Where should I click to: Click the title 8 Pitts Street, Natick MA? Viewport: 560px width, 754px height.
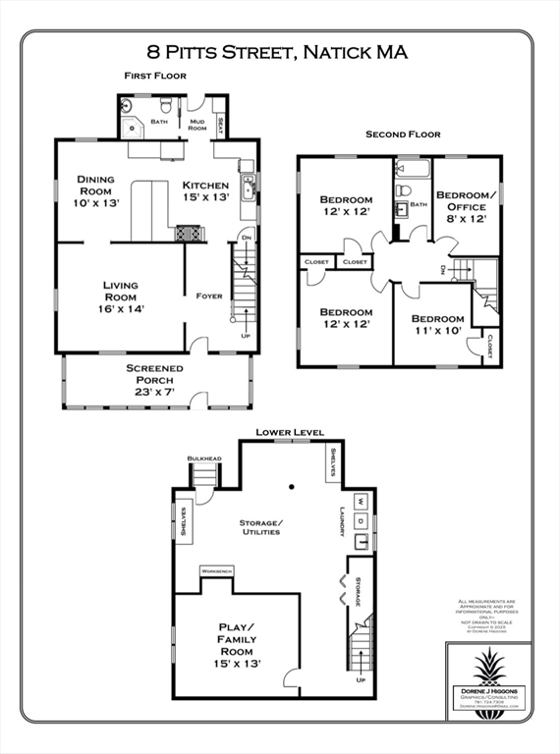tap(277, 52)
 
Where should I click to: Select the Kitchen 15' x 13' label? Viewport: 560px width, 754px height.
tap(205, 190)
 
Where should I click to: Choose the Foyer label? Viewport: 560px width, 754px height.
tap(209, 296)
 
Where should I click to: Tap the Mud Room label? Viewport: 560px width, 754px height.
tap(197, 125)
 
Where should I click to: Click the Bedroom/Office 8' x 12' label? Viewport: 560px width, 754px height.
tap(467, 206)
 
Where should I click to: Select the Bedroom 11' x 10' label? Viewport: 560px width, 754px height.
tap(437, 325)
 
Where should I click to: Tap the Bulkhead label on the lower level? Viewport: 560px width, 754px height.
tap(202, 458)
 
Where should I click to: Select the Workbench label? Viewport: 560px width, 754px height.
tap(215, 570)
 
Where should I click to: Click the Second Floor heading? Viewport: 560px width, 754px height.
tap(403, 134)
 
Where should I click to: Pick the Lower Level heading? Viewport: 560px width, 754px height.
tap(290, 432)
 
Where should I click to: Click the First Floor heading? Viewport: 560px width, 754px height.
tap(157, 76)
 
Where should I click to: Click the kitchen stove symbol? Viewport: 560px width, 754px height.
tap(188, 234)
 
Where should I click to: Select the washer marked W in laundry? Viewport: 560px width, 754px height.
tap(359, 500)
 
